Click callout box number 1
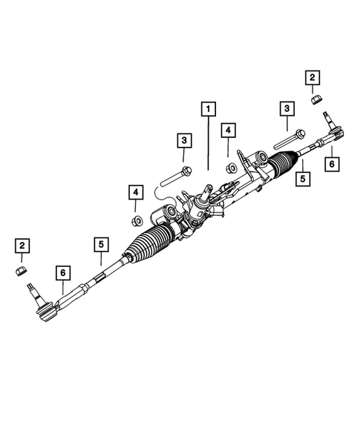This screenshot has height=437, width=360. [209, 110]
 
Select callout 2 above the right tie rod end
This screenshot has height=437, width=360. [312, 76]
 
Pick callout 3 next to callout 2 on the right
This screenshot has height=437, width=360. [285, 109]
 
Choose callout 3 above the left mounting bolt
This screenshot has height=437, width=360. [183, 139]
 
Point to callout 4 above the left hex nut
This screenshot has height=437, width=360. [136, 194]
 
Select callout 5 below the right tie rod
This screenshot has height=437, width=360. [301, 178]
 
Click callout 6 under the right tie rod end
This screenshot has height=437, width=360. [332, 163]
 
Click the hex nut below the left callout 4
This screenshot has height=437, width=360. [136, 220]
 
